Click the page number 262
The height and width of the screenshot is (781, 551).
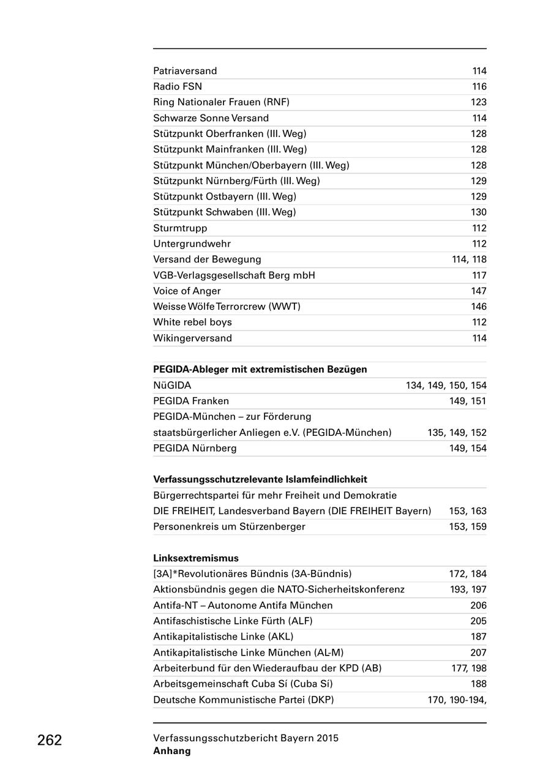[50, 740]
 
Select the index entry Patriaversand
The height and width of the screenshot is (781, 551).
[185, 71]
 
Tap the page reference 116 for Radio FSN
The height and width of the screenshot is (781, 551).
[479, 87]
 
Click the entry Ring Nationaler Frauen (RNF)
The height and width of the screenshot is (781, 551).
[221, 102]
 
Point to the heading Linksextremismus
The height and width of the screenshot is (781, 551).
[195, 558]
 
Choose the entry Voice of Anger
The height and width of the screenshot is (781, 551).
[187, 291]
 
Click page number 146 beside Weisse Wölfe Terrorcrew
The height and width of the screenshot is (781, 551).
[479, 307]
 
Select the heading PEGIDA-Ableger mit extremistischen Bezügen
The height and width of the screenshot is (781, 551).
[260, 370]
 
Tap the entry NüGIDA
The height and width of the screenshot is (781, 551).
[172, 386]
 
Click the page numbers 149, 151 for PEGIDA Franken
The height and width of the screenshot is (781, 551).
[468, 401]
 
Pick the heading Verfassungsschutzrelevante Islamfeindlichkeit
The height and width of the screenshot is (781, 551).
[260, 479]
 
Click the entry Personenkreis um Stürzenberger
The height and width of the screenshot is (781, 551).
[229, 526]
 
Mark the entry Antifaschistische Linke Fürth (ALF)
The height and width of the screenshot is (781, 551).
[233, 621]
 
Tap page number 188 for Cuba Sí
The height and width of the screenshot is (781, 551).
[479, 684]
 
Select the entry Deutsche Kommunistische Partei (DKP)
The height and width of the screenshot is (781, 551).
[244, 700]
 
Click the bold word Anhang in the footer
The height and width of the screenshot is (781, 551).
[172, 751]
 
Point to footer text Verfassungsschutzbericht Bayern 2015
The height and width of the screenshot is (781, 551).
[246, 738]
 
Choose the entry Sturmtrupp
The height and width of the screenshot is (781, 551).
[180, 228]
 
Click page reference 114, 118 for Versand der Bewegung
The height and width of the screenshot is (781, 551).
[469, 260]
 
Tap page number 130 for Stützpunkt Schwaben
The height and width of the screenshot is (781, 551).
[479, 212]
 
